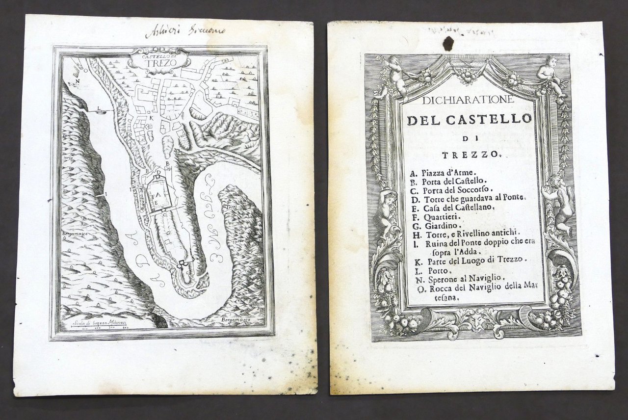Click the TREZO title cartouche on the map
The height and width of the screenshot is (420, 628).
(158, 60)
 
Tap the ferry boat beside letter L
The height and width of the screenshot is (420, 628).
(103, 112)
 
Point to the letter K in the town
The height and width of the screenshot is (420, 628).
(152, 118)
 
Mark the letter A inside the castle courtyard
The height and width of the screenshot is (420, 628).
(159, 195)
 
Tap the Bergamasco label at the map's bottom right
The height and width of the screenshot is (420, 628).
(235, 320)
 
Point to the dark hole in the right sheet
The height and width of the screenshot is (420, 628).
(448, 43)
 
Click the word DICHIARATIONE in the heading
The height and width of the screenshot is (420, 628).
(467, 100)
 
